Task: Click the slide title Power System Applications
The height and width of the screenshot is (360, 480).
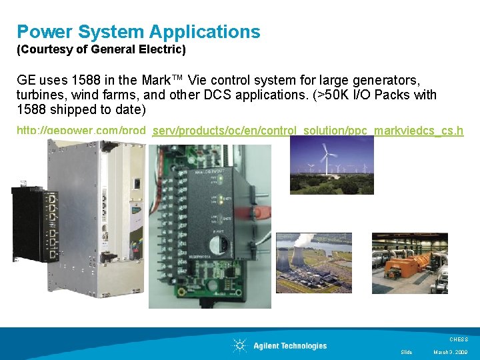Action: (138, 31)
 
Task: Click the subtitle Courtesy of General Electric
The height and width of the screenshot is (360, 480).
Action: (101, 49)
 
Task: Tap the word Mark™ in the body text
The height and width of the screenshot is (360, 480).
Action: (165, 79)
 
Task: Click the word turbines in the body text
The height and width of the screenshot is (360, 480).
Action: (39, 95)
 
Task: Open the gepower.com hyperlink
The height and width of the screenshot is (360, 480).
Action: (240, 130)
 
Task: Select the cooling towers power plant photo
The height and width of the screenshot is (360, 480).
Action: (313, 263)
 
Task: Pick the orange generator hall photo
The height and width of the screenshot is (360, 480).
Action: (409, 263)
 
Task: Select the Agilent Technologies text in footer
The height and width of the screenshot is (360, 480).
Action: (290, 345)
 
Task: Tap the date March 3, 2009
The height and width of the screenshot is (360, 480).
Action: (451, 352)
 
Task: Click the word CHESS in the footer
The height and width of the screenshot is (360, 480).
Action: (459, 339)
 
